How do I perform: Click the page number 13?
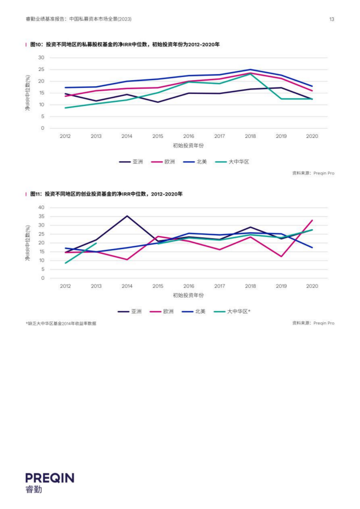click(x=332, y=19)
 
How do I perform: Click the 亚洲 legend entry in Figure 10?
click(x=131, y=162)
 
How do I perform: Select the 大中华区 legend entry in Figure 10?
click(x=232, y=162)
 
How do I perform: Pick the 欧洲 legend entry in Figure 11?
click(x=162, y=311)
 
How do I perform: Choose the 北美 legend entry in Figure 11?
click(x=194, y=311)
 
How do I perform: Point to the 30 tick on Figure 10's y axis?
click(x=41, y=57)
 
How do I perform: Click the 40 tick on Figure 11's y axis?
click(x=41, y=207)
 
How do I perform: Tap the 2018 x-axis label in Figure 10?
click(x=250, y=136)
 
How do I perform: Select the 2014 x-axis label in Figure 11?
click(x=127, y=286)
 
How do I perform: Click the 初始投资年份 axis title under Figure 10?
click(x=188, y=146)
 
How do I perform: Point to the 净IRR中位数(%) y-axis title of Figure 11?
click(x=28, y=243)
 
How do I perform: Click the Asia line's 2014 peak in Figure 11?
click(x=127, y=216)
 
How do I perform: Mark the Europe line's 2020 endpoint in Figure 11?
click(x=312, y=220)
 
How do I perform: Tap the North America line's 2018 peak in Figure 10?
click(x=250, y=69)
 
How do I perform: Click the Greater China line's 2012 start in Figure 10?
click(x=65, y=108)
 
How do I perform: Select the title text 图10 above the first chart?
click(x=36, y=45)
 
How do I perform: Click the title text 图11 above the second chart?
click(x=35, y=194)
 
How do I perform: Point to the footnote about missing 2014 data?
click(x=61, y=323)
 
